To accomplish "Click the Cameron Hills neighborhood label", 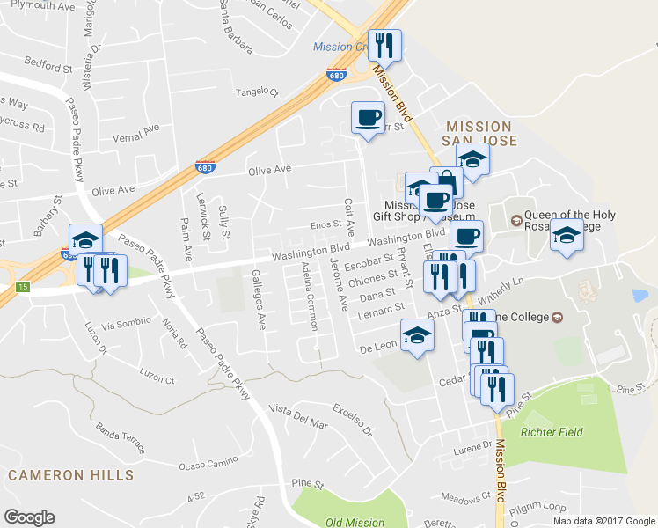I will [x=71, y=475].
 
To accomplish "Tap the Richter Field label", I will [x=551, y=433].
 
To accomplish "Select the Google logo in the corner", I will [x=29, y=517].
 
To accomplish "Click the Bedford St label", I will [x=48, y=66].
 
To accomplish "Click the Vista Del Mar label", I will [x=299, y=417].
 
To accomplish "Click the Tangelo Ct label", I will [x=256, y=92].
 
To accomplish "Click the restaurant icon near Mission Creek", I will [x=384, y=44].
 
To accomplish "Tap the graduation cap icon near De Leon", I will [x=417, y=334].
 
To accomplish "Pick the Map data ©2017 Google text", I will [x=603, y=521].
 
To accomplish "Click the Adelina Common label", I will [x=308, y=296].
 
